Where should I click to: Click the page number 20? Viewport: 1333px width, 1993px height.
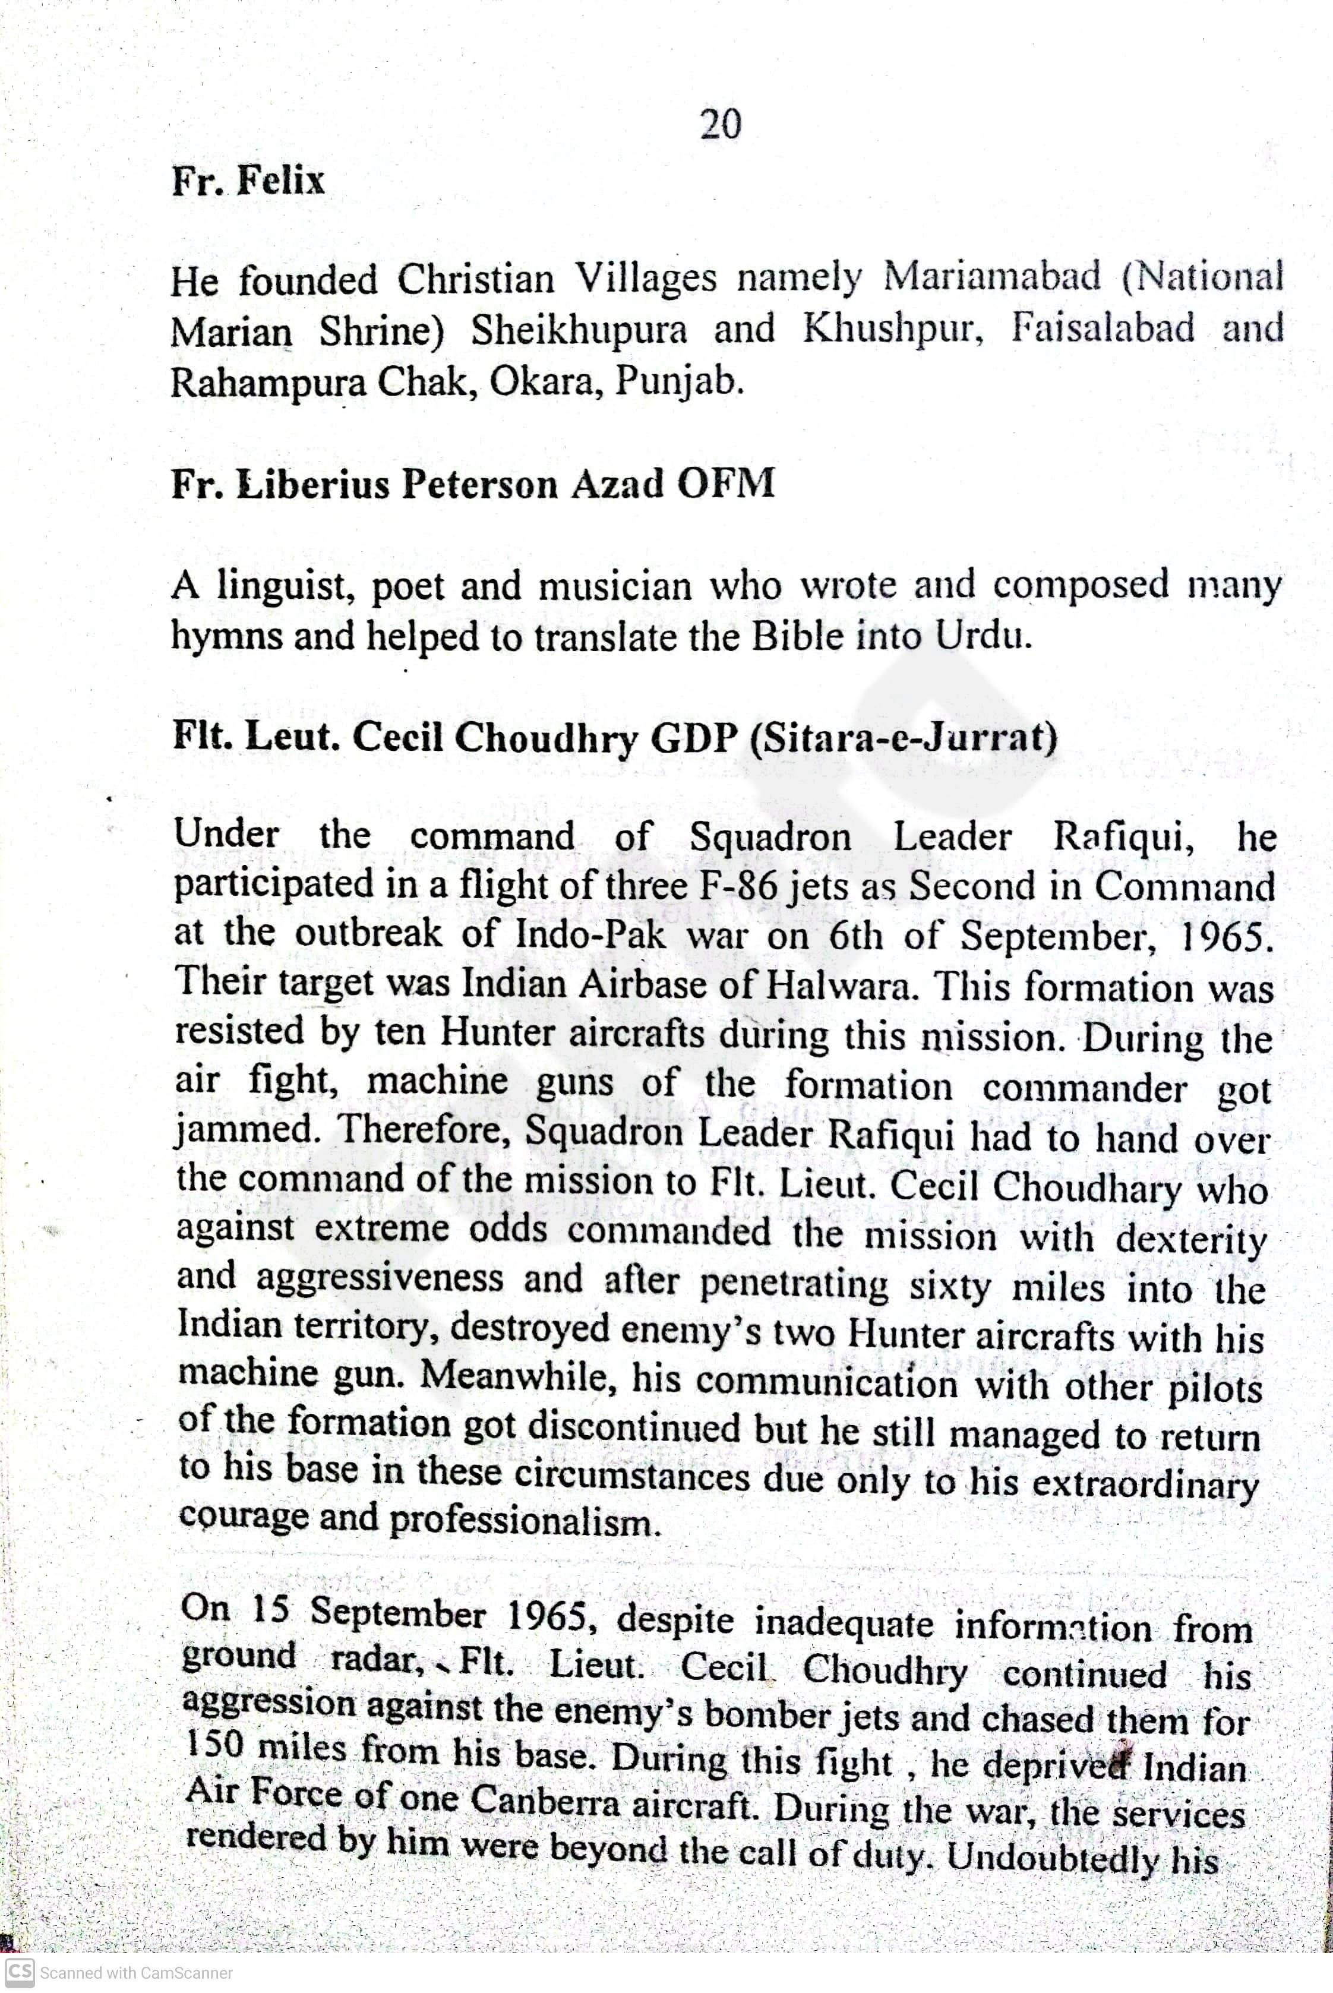[x=720, y=124]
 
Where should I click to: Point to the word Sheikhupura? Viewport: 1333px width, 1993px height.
[x=579, y=330]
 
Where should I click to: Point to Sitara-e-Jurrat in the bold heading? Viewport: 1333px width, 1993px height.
[x=904, y=736]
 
